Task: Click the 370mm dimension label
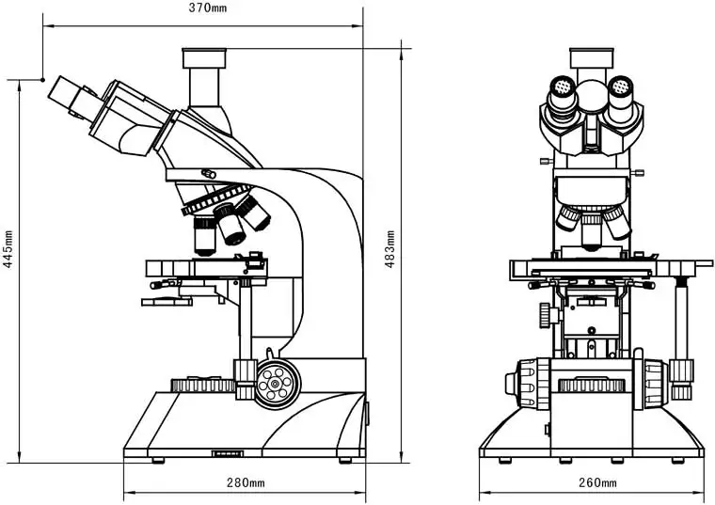207,8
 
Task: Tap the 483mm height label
390,249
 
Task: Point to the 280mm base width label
246,483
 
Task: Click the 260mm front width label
596,483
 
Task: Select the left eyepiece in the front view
562,94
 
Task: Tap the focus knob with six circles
276,382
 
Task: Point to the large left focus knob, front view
529,383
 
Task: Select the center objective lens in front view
592,230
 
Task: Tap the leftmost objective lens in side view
205,235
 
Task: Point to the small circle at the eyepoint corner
41,80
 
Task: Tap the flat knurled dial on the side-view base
203,384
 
